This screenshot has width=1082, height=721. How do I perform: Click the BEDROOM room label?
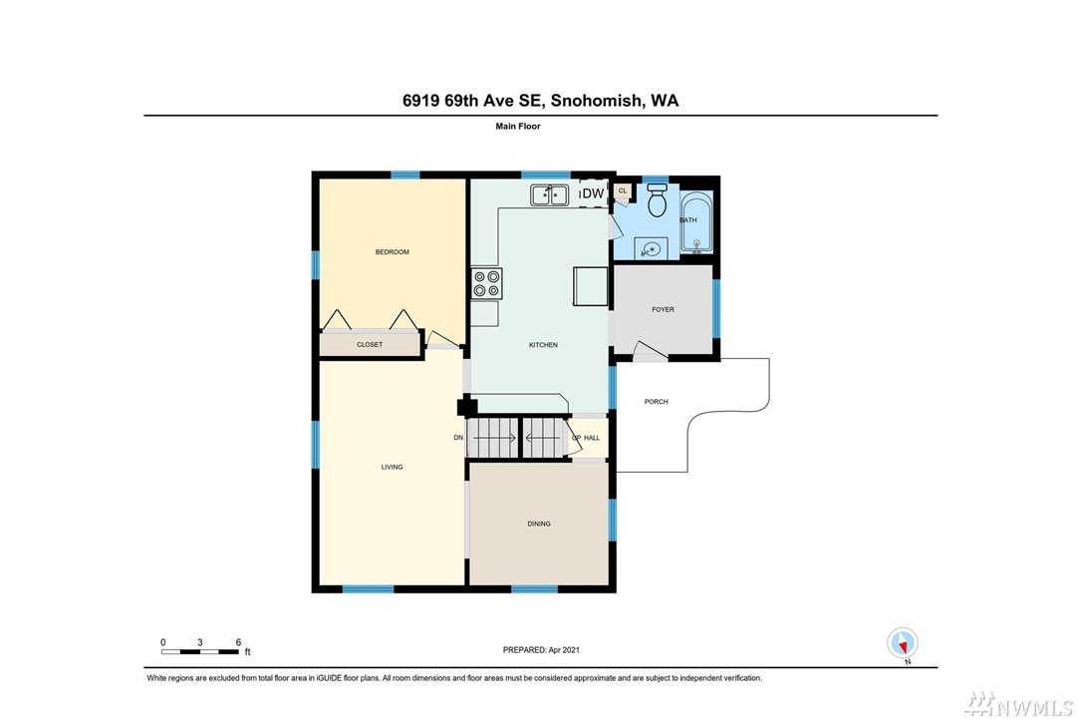[392, 252]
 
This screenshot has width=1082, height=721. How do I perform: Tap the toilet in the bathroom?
[658, 198]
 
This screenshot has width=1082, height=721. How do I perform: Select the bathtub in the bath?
[696, 222]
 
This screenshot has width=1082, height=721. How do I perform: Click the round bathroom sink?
[650, 248]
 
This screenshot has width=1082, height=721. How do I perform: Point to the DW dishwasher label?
[593, 193]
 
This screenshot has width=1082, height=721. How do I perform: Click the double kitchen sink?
[549, 194]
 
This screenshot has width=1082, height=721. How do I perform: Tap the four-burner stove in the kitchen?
[486, 284]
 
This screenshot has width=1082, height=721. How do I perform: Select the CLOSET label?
[370, 345]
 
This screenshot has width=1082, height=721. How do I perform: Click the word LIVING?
[392, 467]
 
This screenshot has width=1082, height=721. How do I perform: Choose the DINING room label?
[539, 524]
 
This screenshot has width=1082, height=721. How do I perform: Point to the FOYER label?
[664, 309]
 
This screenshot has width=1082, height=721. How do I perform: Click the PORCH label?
[657, 401]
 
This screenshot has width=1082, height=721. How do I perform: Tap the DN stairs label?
[458, 437]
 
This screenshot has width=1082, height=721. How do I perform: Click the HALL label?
[592, 438]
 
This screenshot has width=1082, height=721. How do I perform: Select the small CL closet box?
[623, 191]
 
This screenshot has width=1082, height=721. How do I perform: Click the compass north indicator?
[903, 643]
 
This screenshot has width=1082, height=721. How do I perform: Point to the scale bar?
[200, 651]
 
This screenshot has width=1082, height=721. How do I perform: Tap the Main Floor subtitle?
[517, 127]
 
